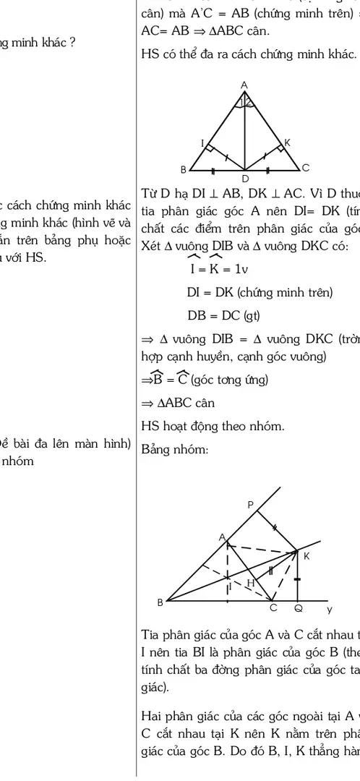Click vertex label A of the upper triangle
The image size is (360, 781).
[244, 85]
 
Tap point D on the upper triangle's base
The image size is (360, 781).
[244, 177]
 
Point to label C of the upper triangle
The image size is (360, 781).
[306, 168]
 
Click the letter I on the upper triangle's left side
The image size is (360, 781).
[203, 142]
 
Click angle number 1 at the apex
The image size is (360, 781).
[241, 101]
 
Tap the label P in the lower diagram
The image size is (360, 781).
[251, 505]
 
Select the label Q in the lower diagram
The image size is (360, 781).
[298, 608]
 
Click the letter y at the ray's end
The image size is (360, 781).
[338, 608]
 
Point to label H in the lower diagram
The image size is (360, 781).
[250, 582]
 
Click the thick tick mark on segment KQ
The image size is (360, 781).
[298, 580]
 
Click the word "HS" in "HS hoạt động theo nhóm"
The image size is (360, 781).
[151, 426]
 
